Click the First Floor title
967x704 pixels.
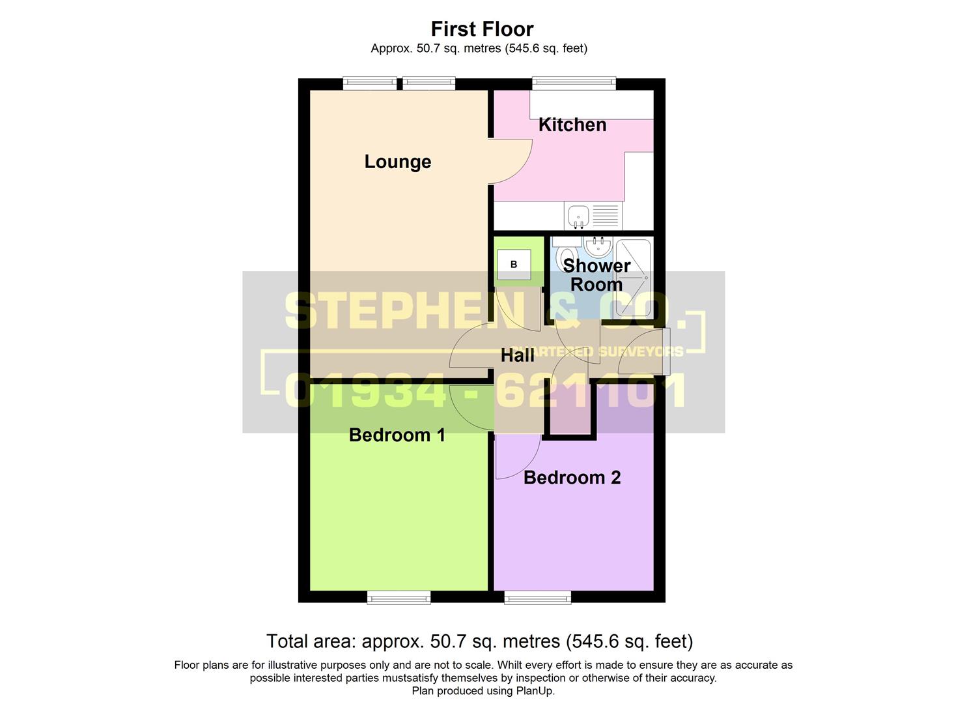[482, 29]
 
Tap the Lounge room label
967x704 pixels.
[397, 162]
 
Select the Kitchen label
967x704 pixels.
[572, 125]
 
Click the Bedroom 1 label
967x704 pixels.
[397, 435]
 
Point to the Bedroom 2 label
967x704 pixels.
[572, 477]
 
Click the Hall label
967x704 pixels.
[517, 355]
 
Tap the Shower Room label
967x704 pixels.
[596, 275]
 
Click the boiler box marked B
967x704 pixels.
[514, 264]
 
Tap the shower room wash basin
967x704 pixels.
[598, 247]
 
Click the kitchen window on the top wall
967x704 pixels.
[574, 83]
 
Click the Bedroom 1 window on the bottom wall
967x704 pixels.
[399, 597]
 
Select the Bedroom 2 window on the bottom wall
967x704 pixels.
[537, 597]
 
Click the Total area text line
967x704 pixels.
[479, 641]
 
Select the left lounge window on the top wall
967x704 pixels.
[370, 83]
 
